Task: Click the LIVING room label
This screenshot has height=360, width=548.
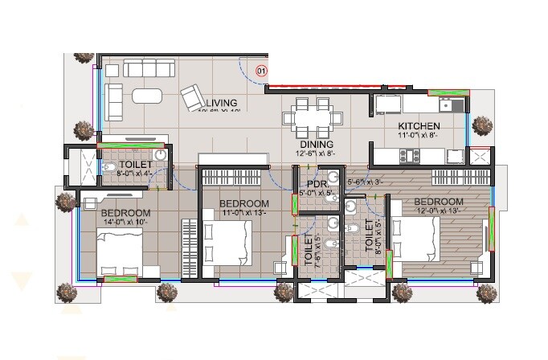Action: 222,102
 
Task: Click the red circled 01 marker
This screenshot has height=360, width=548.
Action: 260,72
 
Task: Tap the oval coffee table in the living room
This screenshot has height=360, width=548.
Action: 145,94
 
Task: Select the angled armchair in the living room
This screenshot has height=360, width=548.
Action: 194,99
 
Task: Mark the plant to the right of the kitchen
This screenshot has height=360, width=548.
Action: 482,125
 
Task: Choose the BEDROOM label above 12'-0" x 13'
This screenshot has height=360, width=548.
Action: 438,201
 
